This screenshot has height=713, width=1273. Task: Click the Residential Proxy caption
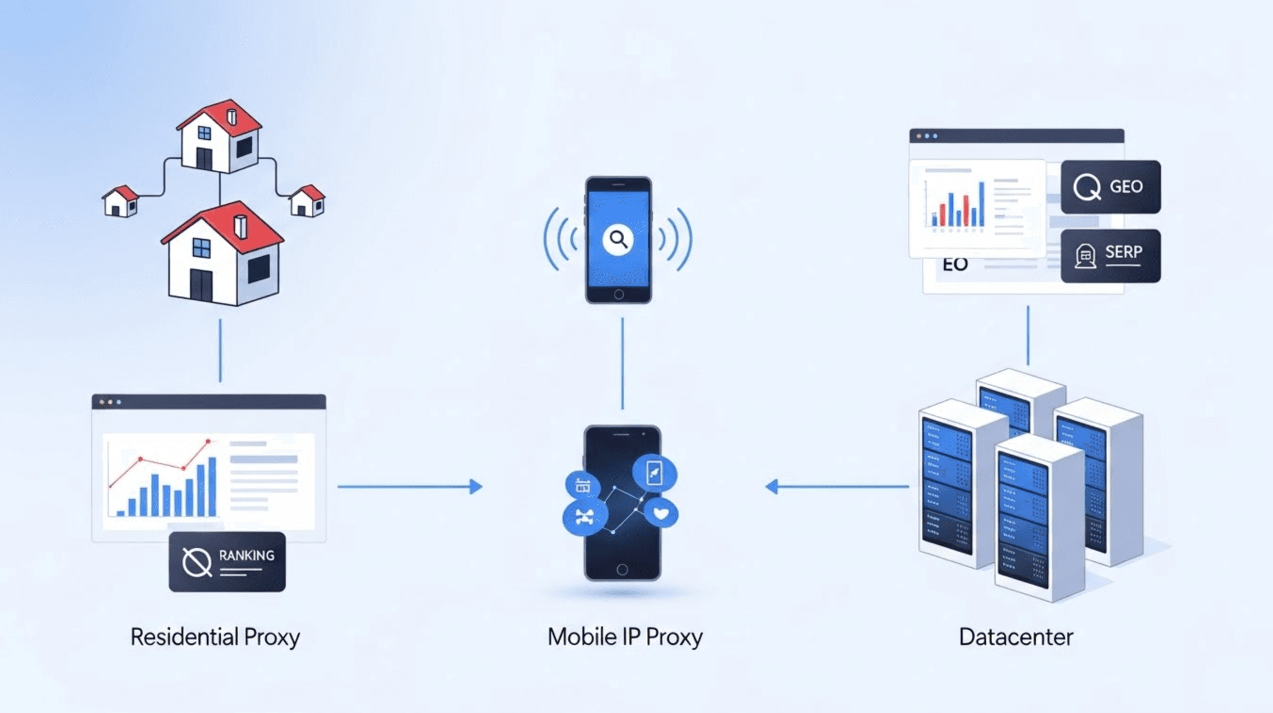pos(215,637)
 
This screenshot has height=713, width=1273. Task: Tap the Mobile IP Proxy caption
pos(625,637)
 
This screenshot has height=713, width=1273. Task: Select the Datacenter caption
pos(1016,637)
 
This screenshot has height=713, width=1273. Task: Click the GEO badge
pos(1110,186)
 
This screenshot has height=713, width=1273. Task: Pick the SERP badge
pos(1110,255)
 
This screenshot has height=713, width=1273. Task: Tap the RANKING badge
pos(227,561)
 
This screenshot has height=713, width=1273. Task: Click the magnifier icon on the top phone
pos(618,239)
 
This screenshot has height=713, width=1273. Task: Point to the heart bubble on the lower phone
pos(661,513)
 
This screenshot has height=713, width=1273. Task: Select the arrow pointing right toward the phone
pos(410,486)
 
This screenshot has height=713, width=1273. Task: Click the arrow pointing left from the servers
pos(836,486)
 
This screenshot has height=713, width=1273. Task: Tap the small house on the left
pos(120,201)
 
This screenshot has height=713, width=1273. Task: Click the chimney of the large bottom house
pos(241,226)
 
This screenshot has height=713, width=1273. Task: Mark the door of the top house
pos(204,159)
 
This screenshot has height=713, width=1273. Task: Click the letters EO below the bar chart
pos(955,265)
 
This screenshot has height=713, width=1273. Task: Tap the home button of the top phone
pos(618,294)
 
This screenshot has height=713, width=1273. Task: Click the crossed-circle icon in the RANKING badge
pos(197,562)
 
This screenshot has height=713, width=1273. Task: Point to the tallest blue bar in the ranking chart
pos(212,486)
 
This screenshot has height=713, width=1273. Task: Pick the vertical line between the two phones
pos(622,364)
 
